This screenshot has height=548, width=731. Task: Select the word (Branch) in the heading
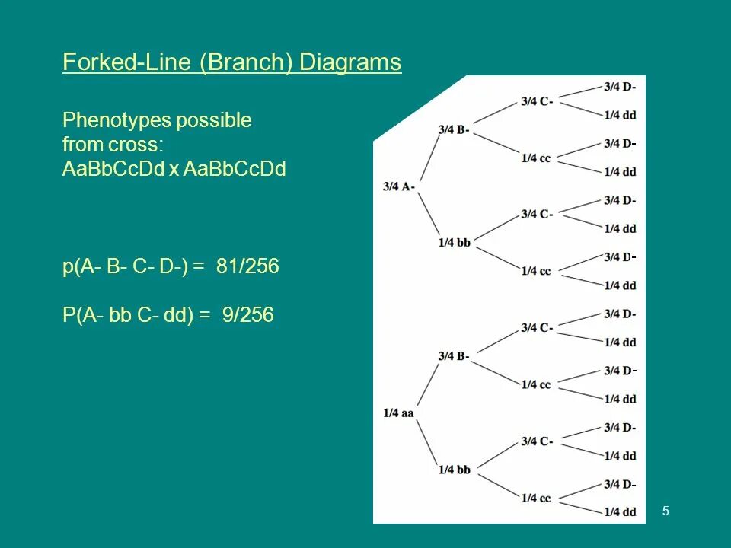[x=247, y=62]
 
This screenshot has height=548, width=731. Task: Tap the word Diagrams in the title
[x=350, y=62]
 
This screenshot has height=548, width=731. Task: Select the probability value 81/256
[x=247, y=266]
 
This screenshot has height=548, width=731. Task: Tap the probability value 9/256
[x=247, y=314]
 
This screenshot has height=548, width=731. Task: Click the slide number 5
[x=666, y=511]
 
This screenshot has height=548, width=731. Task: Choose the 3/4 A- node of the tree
[x=399, y=186]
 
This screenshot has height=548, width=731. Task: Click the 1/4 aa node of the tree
[x=398, y=413]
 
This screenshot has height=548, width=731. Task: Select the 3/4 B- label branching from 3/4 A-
[x=454, y=129]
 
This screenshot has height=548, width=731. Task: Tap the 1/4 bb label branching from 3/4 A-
[x=454, y=243]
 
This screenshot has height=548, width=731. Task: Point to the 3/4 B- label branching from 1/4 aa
[x=454, y=356]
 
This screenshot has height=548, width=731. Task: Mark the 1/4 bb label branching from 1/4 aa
[x=454, y=470]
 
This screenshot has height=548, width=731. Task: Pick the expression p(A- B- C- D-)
[x=128, y=266]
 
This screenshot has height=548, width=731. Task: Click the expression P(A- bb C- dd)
[x=128, y=314]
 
